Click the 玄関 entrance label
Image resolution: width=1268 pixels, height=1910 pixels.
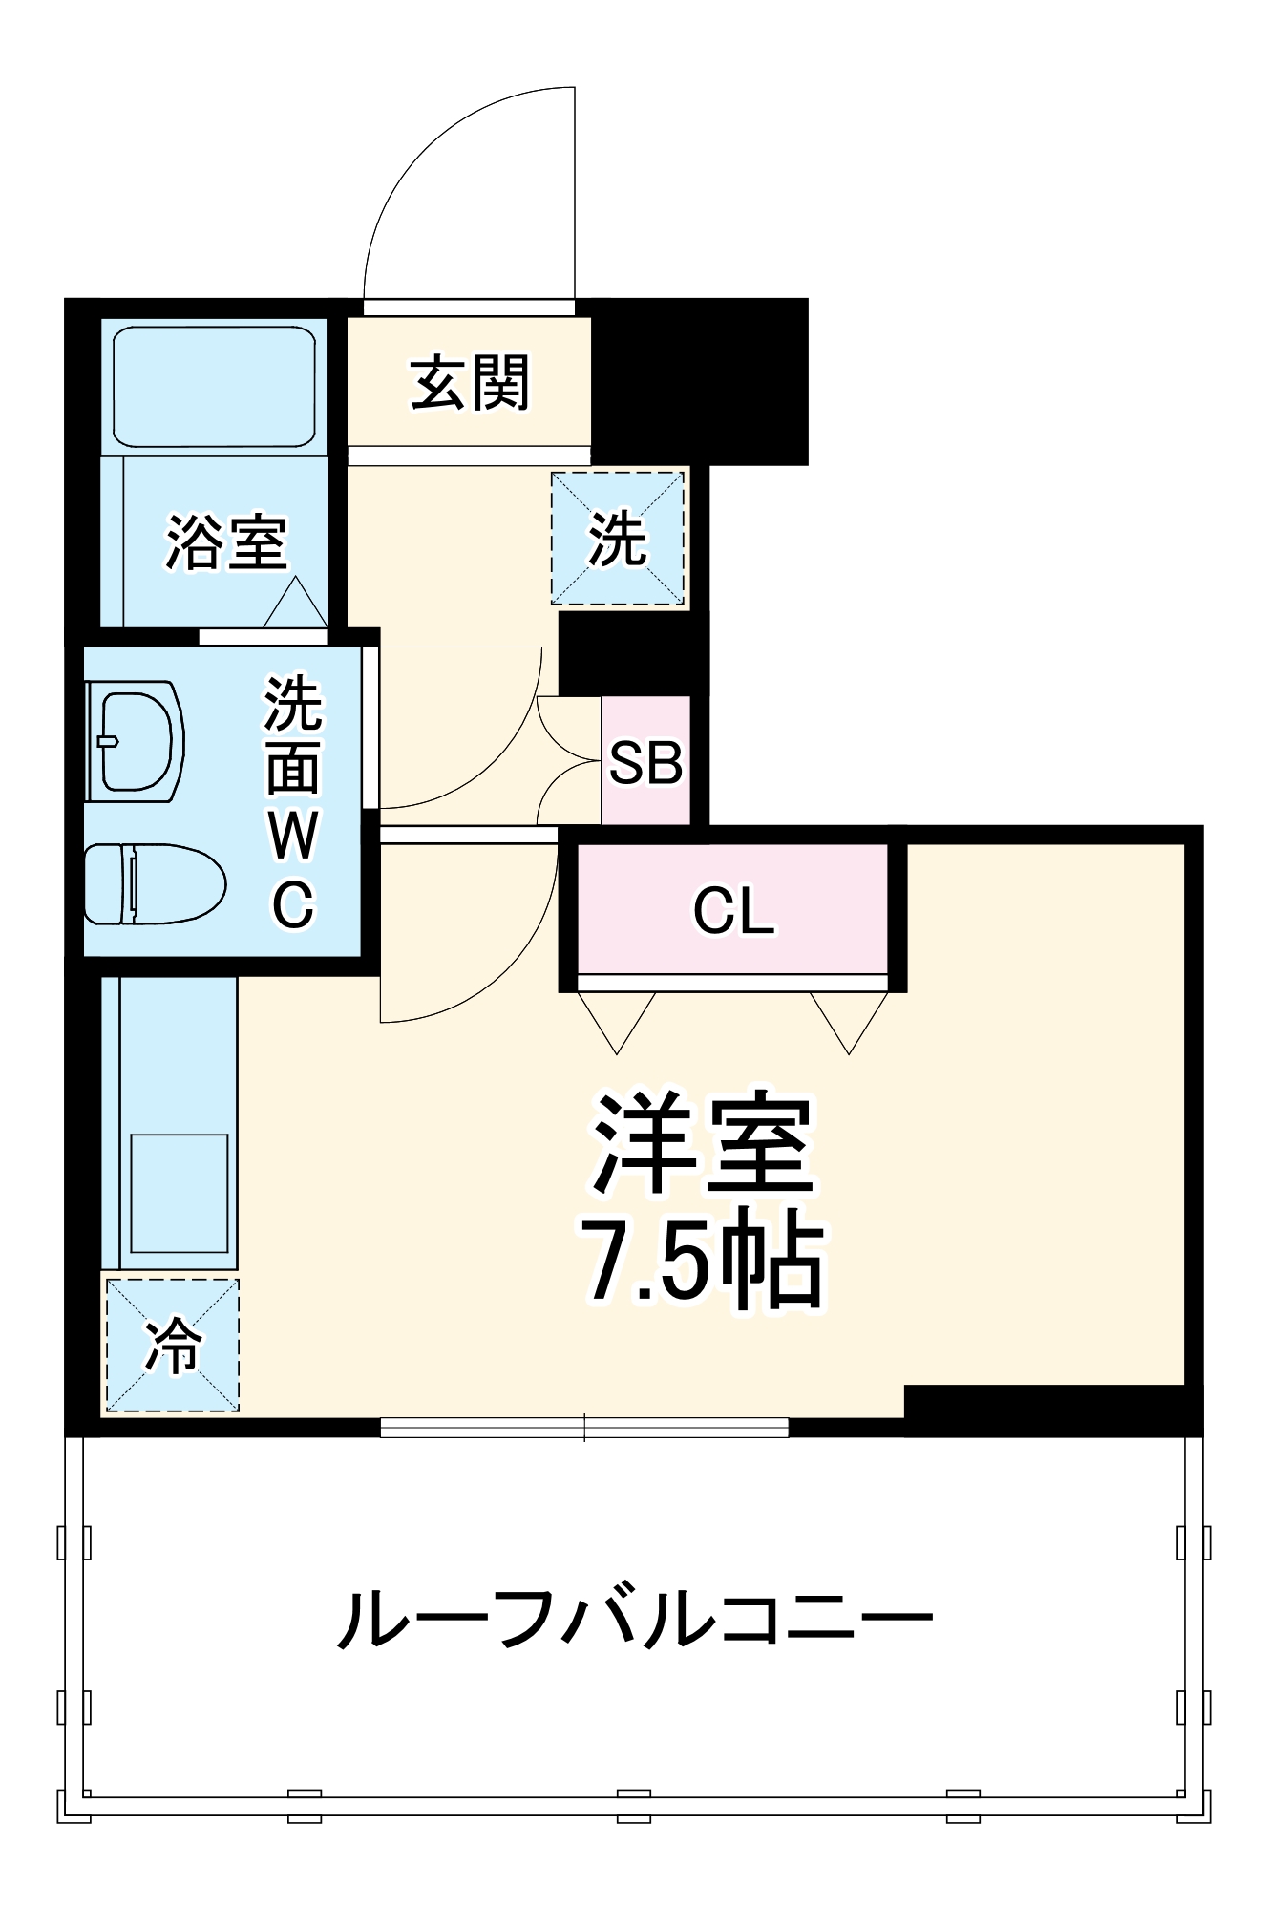pos(469,383)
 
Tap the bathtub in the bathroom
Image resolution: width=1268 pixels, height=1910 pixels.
pos(214,386)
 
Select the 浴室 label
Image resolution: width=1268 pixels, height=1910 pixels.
pos(226,543)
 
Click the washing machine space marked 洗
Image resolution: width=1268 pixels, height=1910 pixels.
pos(618,539)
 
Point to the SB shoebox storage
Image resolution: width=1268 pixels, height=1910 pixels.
pos(645,762)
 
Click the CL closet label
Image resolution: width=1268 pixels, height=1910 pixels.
pos(732,911)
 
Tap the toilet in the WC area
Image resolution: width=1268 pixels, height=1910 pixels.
pos(153,883)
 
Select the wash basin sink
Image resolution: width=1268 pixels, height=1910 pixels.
pos(137,741)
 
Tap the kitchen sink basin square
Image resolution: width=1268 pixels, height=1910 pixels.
pos(179,1193)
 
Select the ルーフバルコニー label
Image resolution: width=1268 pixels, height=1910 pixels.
pos(634,1618)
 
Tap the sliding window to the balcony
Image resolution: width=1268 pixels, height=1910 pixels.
pos(584,1427)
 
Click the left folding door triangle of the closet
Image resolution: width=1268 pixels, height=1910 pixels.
pos(617,1018)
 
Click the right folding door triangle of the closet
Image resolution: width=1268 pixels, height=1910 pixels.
pos(849,1018)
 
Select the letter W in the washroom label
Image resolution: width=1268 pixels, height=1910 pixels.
pos(292,836)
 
